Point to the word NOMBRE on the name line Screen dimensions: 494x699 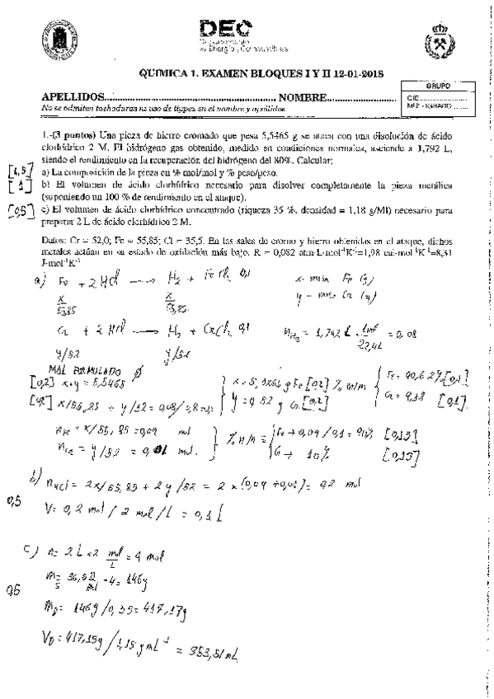[x=301, y=97]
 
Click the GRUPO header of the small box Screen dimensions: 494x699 [x=436, y=86]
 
